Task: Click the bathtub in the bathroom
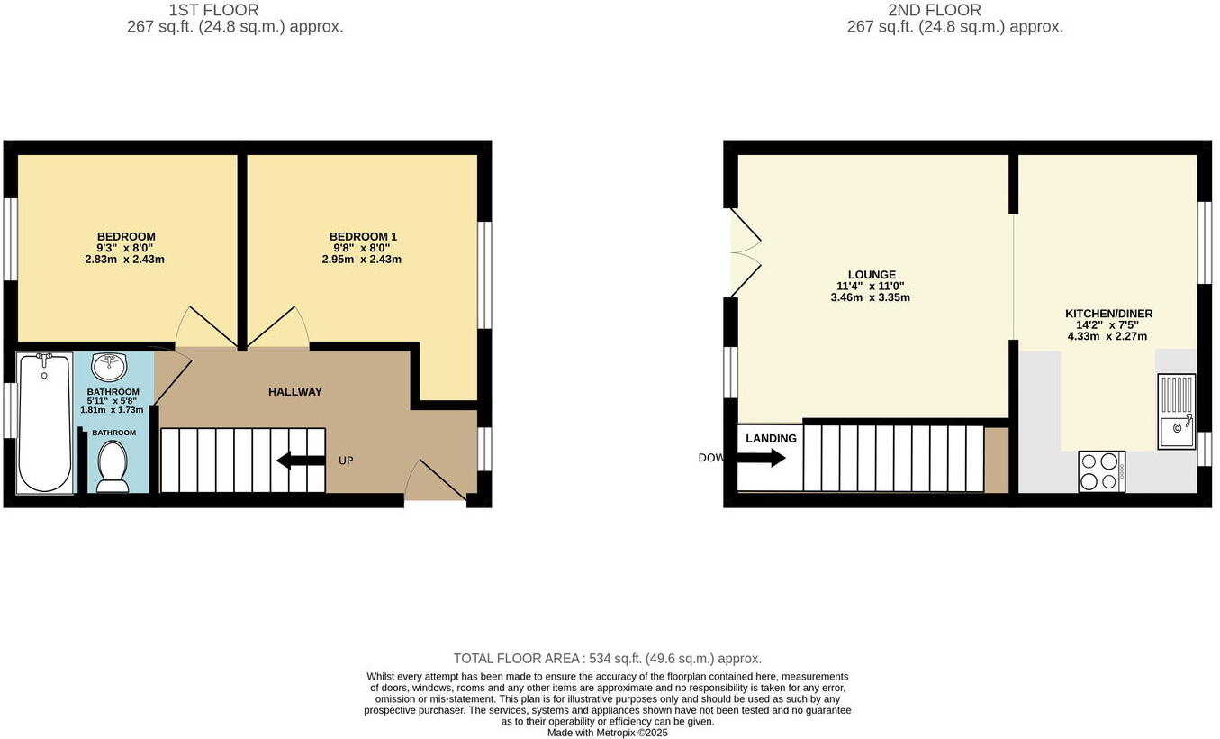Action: tap(44, 422)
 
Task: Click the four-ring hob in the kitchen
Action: tap(1101, 471)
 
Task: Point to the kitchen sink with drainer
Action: tap(1176, 411)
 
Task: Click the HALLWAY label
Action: tap(294, 392)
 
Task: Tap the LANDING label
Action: tap(771, 439)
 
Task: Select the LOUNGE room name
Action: tap(871, 275)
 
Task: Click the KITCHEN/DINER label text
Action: tap(1108, 314)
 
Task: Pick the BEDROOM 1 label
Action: tap(362, 237)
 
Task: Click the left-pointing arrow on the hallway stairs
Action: tap(301, 461)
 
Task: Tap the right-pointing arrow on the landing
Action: tap(762, 458)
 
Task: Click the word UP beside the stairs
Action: tap(346, 461)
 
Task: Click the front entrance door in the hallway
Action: tap(436, 481)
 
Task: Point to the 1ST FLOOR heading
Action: tap(213, 10)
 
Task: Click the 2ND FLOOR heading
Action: tap(934, 10)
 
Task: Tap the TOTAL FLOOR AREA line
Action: tap(608, 659)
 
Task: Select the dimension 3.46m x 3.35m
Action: tap(871, 297)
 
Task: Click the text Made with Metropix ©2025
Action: tap(608, 733)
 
